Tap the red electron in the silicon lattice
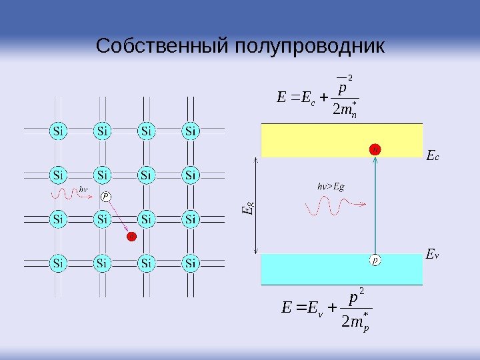131,236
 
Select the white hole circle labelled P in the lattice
105,196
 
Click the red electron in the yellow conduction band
375,149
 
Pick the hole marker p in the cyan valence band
375,261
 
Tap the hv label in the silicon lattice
84,189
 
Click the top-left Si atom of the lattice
59,130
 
